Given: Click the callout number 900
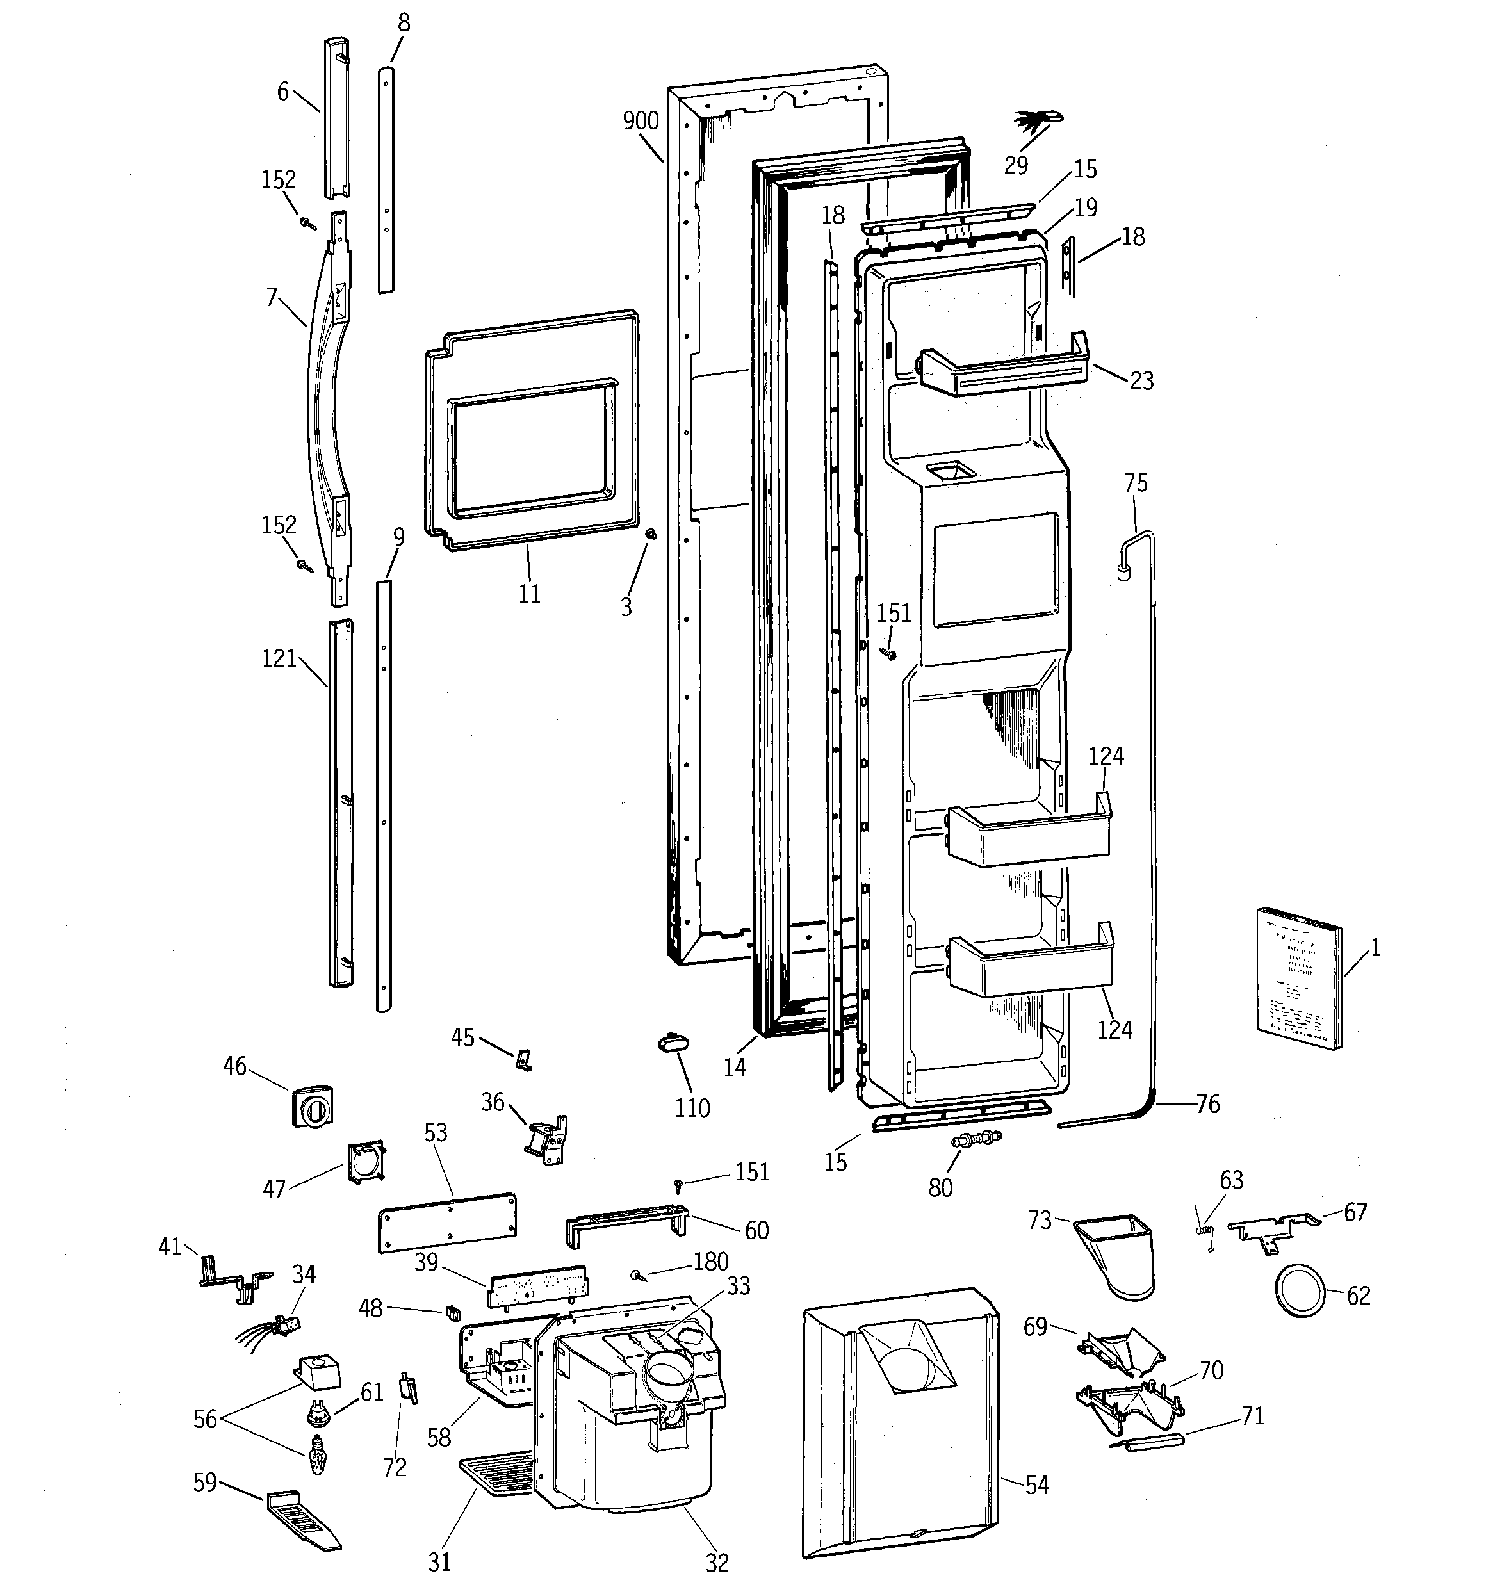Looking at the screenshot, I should click(641, 121).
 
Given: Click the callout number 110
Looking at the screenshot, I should click(692, 1107).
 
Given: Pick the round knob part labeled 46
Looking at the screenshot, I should click(312, 1106).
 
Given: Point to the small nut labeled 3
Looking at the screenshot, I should click(650, 533).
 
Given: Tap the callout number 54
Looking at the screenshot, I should click(1037, 1485).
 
